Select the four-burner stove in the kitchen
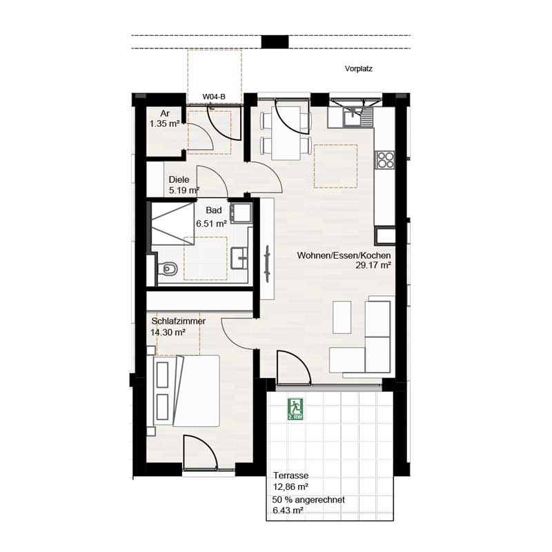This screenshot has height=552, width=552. (385, 160)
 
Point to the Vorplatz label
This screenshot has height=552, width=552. (359, 69)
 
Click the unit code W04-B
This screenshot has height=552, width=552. (213, 97)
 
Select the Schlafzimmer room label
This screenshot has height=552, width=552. (178, 321)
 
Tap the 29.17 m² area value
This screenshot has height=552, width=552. (373, 265)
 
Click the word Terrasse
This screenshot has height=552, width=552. (290, 475)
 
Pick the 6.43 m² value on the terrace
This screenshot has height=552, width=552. (288, 510)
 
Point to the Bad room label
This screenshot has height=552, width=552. (213, 211)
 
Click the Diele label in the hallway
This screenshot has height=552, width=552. (179, 179)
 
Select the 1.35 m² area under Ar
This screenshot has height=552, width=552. (164, 124)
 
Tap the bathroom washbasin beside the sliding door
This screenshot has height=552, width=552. (241, 258)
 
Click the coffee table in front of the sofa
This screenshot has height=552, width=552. (342, 317)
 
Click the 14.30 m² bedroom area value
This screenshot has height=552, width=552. (168, 332)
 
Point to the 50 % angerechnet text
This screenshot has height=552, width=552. (308, 500)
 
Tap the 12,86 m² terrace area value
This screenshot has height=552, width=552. (290, 486)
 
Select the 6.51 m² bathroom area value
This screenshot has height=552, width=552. (211, 224)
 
